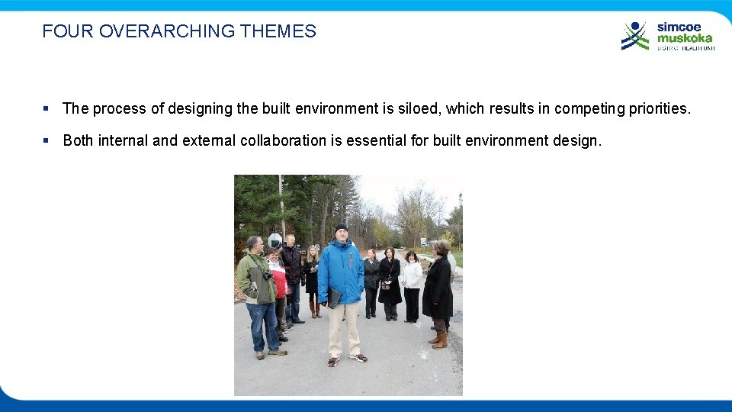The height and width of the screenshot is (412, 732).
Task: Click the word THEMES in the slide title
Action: click(x=278, y=31)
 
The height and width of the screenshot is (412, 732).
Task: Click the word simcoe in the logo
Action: click(x=679, y=27)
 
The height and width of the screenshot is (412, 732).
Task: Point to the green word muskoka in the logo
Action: click(x=685, y=37)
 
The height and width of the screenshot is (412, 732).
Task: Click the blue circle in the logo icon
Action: click(x=634, y=26)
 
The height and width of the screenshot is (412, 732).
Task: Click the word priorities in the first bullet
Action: click(x=658, y=108)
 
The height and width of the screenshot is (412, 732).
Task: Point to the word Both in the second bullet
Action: click(x=79, y=140)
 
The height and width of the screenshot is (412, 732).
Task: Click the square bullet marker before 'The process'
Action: click(x=47, y=108)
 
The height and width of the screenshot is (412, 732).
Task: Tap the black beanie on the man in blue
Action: click(x=342, y=227)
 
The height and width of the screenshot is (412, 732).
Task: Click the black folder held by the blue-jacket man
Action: click(x=333, y=298)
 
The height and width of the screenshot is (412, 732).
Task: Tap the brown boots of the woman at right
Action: click(x=438, y=339)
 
